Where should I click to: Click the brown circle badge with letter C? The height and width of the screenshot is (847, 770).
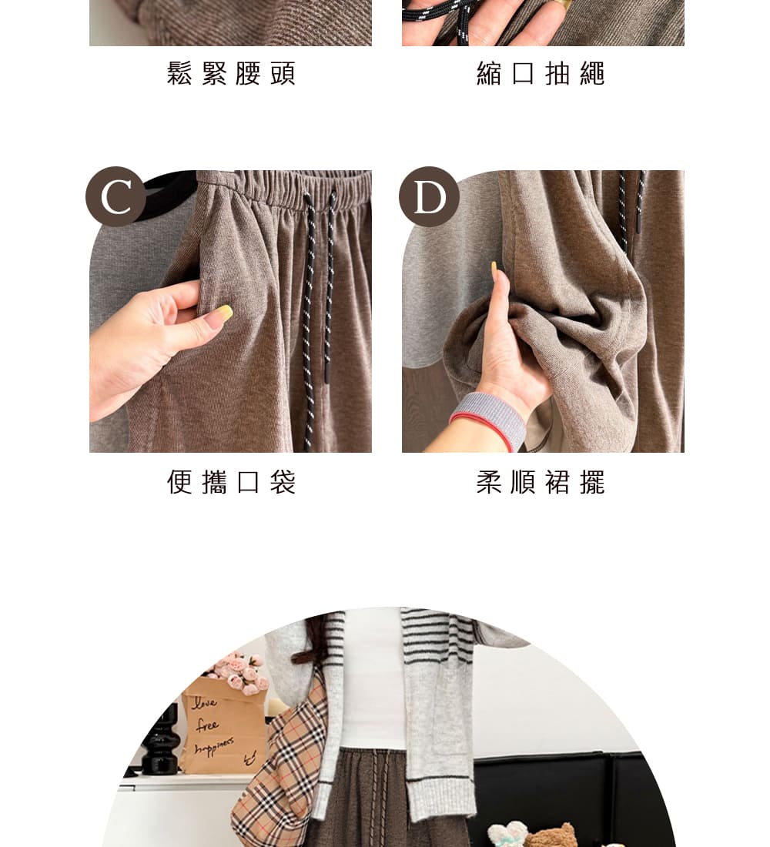click(115, 196)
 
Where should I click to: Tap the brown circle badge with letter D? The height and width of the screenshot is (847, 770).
click(429, 196)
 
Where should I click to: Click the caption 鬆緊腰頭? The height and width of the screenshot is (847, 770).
click(231, 73)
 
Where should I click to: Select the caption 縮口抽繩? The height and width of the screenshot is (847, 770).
click(541, 73)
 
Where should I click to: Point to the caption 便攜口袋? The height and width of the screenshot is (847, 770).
click(231, 482)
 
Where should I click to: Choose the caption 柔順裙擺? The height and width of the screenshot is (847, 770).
click(541, 482)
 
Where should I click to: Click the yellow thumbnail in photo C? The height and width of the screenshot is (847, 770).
click(223, 312)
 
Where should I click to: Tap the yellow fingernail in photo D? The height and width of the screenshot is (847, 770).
click(494, 268)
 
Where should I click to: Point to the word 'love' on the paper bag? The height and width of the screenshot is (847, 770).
click(205, 702)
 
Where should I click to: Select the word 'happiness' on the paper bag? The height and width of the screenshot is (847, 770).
click(215, 746)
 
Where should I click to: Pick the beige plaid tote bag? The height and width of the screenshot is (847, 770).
click(281, 767)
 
